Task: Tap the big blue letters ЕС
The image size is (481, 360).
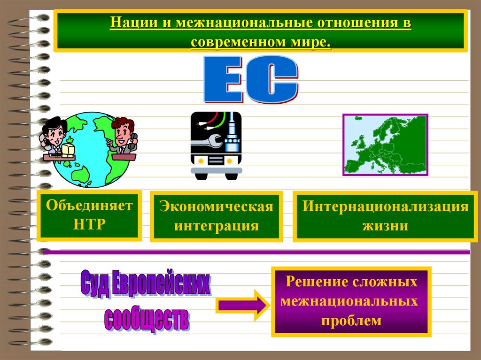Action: pos(250,79)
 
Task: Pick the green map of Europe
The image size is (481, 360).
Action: pos(385,145)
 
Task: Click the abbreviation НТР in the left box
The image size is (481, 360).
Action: pos(89,223)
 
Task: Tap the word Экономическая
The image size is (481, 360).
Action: pos(216,207)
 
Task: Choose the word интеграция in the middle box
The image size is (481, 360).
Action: pos(217,226)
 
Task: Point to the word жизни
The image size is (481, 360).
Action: pos(385,226)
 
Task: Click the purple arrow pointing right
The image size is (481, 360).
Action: pos(242,305)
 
